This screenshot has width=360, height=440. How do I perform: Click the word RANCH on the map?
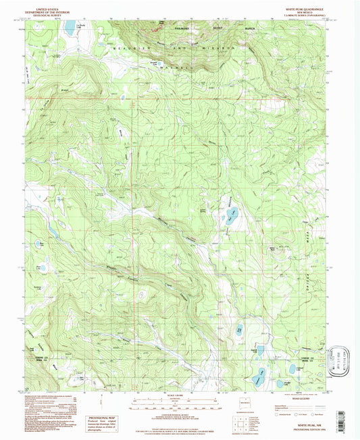pyautogui.click(x=240, y=28)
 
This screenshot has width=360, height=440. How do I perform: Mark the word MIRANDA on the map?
pyautogui.click(x=205, y=49)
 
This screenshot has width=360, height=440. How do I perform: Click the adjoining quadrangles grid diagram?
pyautogui.click(x=239, y=420)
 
